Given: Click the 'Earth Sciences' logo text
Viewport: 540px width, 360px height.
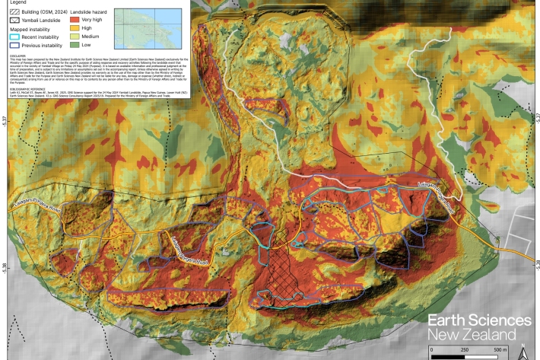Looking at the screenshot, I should tap(478, 319).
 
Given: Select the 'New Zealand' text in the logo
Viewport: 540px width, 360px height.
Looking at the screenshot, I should tap(472, 335).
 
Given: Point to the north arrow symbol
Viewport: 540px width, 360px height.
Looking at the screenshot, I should tap(523, 352).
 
